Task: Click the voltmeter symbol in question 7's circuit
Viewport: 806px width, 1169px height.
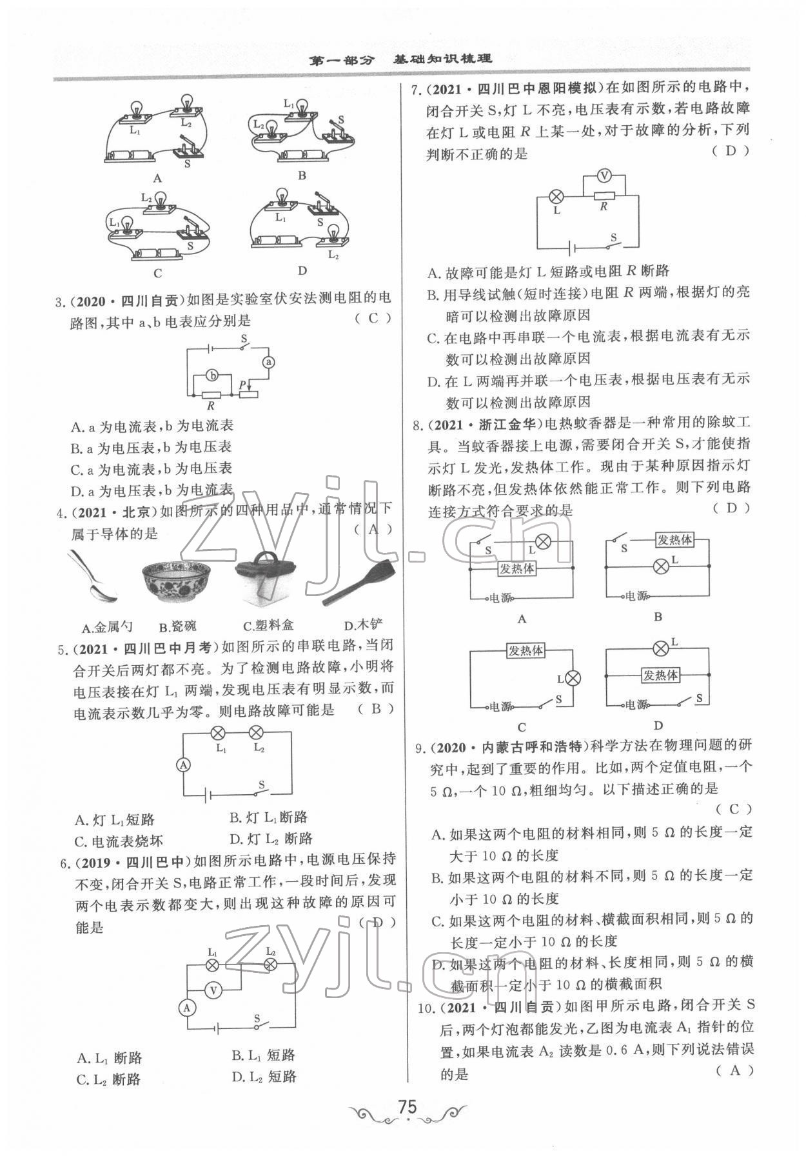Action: [604, 175]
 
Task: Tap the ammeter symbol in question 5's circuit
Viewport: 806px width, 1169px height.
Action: [184, 765]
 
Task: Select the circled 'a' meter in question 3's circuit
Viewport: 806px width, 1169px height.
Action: [269, 363]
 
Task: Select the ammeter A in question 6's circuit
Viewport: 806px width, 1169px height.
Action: [187, 1008]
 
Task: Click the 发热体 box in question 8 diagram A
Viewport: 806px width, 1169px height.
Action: [516, 570]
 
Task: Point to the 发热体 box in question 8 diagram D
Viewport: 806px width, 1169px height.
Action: [660, 675]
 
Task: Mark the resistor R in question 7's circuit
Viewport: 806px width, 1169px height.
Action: [604, 196]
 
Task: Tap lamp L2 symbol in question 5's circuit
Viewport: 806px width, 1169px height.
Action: [257, 732]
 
